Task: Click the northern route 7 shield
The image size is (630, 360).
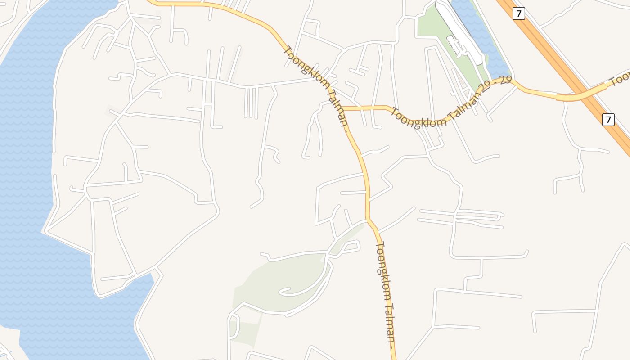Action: click(519, 13)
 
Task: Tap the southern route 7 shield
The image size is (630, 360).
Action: click(608, 119)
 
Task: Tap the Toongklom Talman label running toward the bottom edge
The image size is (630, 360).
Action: click(385, 297)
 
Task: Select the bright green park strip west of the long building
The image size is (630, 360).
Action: click(430, 27)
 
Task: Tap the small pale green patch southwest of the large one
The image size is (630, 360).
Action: click(245, 331)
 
